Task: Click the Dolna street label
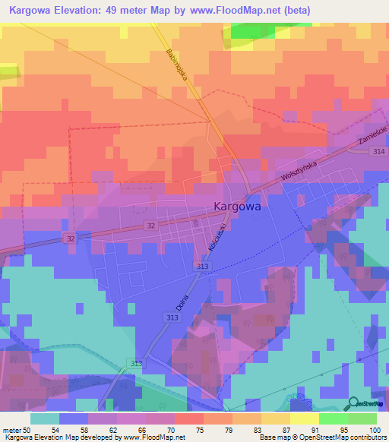[182, 301]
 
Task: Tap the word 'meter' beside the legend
[12, 431]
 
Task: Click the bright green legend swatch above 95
[333, 418]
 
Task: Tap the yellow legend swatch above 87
[275, 418]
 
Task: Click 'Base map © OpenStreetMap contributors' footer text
[321, 437]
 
